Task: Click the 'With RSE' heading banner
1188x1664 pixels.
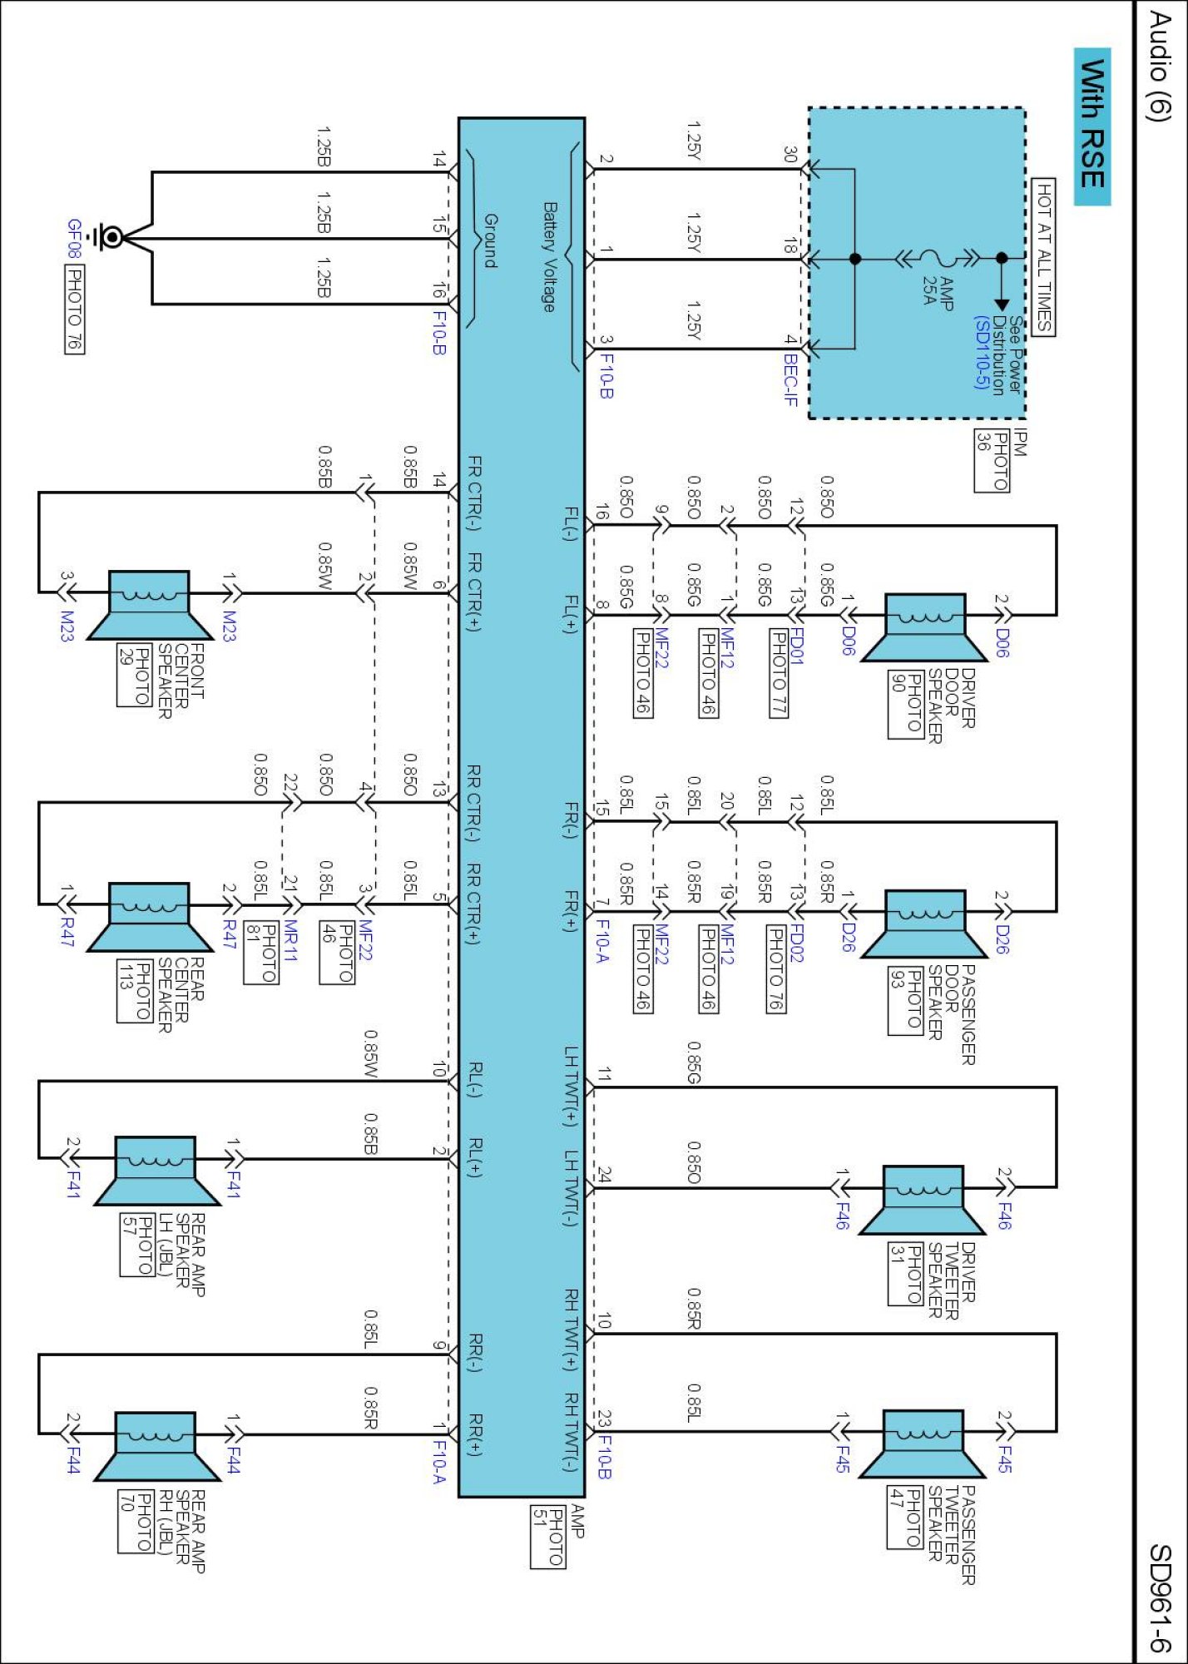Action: [x=1092, y=126]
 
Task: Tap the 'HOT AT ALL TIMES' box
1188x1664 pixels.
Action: [x=1043, y=257]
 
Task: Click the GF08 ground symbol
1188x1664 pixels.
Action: [x=107, y=237]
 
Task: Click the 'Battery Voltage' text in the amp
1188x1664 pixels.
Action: [x=549, y=257]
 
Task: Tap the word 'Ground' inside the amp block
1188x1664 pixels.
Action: [x=491, y=241]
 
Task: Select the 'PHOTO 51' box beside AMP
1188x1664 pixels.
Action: [x=548, y=1536]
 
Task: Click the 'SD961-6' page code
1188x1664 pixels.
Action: [x=1160, y=1597]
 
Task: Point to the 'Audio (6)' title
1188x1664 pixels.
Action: [x=1158, y=67]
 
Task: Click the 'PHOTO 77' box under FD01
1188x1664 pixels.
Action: [x=779, y=673]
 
